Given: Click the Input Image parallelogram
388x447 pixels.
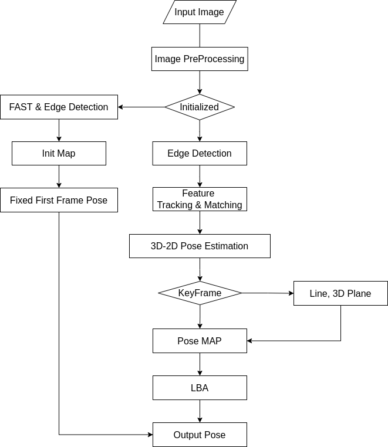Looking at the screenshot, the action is click(x=200, y=12).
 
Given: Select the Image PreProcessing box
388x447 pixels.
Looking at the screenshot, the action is click(x=200, y=59).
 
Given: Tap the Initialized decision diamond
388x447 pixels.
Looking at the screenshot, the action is click(x=200, y=107).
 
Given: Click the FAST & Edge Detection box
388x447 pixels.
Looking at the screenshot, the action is click(x=59, y=107).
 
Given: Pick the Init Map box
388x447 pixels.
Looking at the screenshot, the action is click(x=59, y=153).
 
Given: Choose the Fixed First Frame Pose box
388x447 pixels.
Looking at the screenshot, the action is click(x=59, y=200).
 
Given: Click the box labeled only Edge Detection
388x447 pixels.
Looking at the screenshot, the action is click(x=200, y=153).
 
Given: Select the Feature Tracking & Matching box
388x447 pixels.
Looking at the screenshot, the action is click(x=200, y=199).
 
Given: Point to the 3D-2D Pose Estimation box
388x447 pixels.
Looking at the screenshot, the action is click(x=200, y=246).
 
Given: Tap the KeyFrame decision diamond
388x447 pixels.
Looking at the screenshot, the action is click(x=200, y=293).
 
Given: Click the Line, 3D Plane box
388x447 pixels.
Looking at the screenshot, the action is click(x=340, y=293).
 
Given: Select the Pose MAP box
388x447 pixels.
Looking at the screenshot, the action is click(x=200, y=341).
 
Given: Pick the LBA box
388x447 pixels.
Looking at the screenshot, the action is click(x=200, y=388).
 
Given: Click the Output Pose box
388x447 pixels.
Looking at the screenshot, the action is click(x=200, y=435).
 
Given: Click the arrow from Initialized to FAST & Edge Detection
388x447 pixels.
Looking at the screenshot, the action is click(x=141, y=107).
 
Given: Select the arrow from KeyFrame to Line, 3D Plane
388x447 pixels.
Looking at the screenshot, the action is click(x=268, y=293).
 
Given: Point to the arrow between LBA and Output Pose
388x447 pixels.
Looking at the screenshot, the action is click(x=200, y=411).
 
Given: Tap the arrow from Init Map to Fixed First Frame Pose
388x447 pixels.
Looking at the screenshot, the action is click(x=59, y=177).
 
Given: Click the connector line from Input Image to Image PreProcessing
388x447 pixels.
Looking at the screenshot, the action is click(x=200, y=36).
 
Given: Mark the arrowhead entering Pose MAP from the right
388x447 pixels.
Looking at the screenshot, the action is click(x=249, y=341).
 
